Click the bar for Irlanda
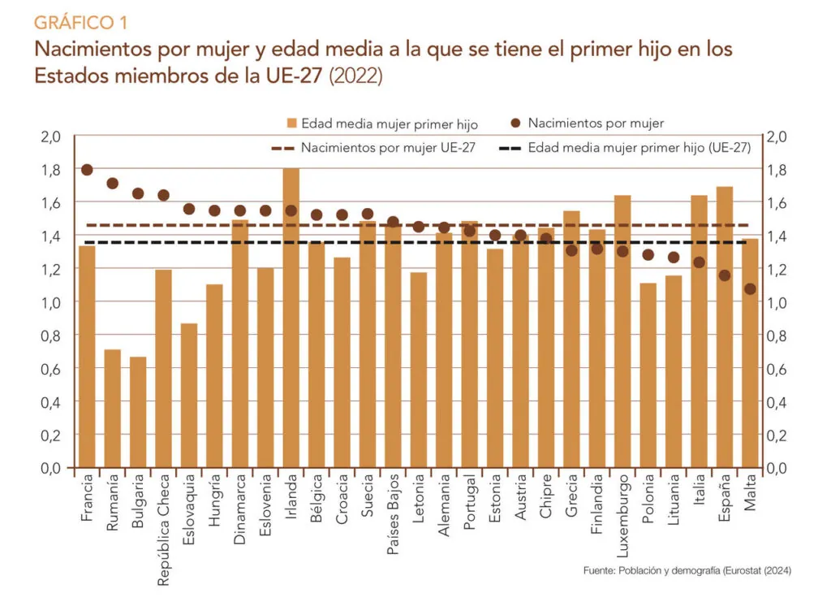291,318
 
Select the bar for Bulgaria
138,412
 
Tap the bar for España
725,327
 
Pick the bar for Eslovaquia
189,396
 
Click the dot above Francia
88,170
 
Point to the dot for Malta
750,289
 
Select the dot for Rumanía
112,184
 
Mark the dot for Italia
699,262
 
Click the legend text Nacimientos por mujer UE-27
388,147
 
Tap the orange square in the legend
291,123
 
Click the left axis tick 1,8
51,170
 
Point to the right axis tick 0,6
777,369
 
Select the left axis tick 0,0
51,468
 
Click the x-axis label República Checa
163,530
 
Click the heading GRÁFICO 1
80,22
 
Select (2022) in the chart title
355,76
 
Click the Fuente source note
687,570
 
